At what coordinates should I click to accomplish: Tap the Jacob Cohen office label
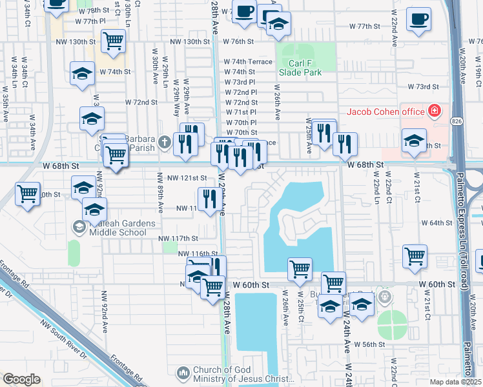point(385,112)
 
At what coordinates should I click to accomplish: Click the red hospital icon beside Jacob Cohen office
point(435,111)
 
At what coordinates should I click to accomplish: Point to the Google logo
point(21,379)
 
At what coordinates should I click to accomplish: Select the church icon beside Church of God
point(183,373)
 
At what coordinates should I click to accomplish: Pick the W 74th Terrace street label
point(249,61)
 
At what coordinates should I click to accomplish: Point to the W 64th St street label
point(436,223)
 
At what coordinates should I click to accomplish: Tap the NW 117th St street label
point(178,239)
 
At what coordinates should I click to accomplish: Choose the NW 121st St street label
point(187,177)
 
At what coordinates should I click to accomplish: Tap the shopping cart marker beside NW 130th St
point(114,40)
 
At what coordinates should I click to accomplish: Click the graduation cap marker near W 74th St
point(83,74)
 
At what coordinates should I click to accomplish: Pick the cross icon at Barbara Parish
point(165,141)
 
